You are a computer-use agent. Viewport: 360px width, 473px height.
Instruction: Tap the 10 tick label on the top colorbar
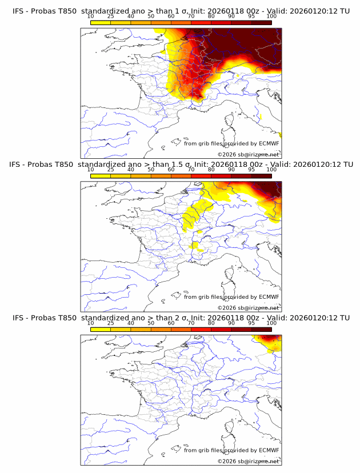[x=90, y=17]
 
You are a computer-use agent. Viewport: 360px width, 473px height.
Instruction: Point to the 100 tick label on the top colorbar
[x=271, y=17]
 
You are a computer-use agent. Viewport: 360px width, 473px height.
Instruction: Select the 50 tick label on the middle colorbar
[x=151, y=170]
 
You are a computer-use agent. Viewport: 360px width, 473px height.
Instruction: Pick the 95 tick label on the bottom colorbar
[x=251, y=323]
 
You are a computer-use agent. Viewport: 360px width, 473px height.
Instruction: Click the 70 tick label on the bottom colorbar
[x=191, y=323]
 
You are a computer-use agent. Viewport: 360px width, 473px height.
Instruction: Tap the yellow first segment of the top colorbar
[x=100, y=22]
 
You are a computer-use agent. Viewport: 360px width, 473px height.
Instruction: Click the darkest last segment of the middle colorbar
[x=261, y=175]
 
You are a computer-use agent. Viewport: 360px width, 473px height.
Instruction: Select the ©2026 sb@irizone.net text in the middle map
[x=248, y=307]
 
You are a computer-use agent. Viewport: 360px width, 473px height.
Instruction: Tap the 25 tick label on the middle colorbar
[x=110, y=170]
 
